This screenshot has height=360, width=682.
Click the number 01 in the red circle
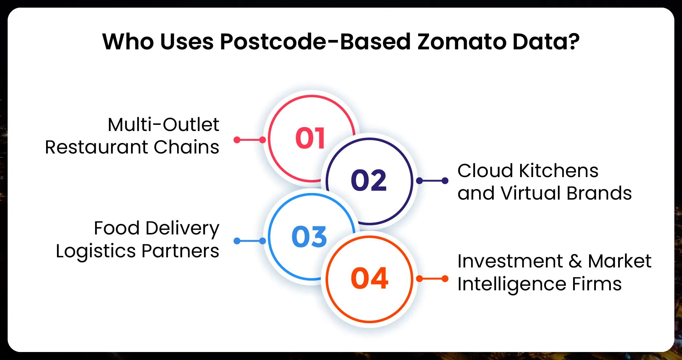pos(310,138)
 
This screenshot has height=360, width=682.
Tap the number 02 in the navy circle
pos(369,180)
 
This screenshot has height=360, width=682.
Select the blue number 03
pos(309,237)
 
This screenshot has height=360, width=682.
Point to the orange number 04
pos(369,279)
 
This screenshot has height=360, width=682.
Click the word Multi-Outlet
pos(163,125)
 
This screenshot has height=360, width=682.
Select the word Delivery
pos(182,229)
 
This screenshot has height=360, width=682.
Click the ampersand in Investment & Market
pos(575,261)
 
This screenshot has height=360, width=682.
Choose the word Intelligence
pos(511,284)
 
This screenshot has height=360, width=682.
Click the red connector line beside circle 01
pos(250,140)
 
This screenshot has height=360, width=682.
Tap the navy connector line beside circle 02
pos(432,181)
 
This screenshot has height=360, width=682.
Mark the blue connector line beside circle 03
pos(250,241)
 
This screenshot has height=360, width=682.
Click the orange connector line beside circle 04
pos(432,279)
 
